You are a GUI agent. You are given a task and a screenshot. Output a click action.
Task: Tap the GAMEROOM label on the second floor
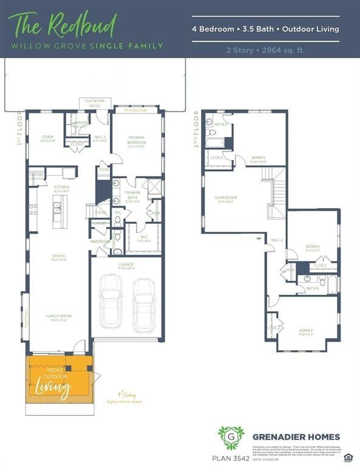pyautogui.click(x=225, y=198)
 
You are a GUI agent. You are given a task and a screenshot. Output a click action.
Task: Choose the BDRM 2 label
pyautogui.click(x=306, y=331)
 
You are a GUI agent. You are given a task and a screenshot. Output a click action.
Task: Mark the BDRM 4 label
pyautogui.click(x=259, y=158)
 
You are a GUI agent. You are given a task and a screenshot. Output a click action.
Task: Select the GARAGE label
pyautogui.click(x=126, y=265)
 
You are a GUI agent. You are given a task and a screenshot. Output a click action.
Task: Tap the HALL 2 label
pyautogui.click(x=277, y=241)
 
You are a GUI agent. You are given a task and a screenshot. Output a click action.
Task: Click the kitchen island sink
pyautogui.click(x=58, y=208)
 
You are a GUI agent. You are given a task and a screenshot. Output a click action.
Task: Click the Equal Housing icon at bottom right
pyautogui.click(x=348, y=456)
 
